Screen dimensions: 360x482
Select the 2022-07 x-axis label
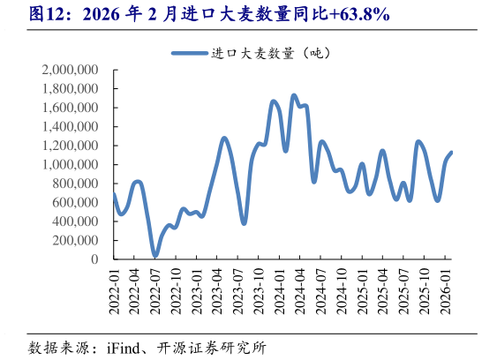[156, 289]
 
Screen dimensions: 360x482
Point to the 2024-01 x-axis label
[280, 289]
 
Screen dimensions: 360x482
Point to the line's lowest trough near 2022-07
[155, 256]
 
